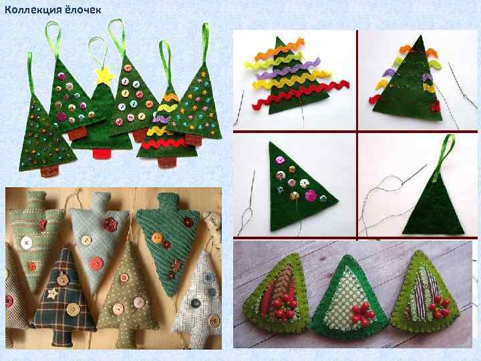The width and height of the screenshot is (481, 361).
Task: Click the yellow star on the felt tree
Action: pyautogui.click(x=104, y=76)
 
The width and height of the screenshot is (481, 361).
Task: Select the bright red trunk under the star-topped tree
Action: pyautogui.click(x=100, y=154)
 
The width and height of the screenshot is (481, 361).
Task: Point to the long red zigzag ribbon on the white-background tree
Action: pyautogui.click(x=301, y=96)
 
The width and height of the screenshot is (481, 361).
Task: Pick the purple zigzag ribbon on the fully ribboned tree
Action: pyautogui.click(x=288, y=69)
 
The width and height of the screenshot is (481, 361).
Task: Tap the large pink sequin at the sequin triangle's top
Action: pyautogui.click(x=280, y=160)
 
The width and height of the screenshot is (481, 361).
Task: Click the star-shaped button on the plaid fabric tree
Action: pyautogui.click(x=53, y=293)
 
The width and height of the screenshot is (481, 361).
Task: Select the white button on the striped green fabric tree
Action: pyautogui.click(x=26, y=243)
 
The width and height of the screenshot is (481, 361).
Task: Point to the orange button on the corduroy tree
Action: pyautogui.click(x=157, y=237)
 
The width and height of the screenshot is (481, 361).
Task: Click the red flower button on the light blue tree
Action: pyautogui.click(x=110, y=225)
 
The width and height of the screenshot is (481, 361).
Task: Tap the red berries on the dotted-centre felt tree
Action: pyautogui.click(x=361, y=313)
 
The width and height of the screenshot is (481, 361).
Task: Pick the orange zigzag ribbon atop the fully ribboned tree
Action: pyautogui.click(x=279, y=51)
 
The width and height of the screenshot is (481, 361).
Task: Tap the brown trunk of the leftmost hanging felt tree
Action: pyautogui.click(x=49, y=171)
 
